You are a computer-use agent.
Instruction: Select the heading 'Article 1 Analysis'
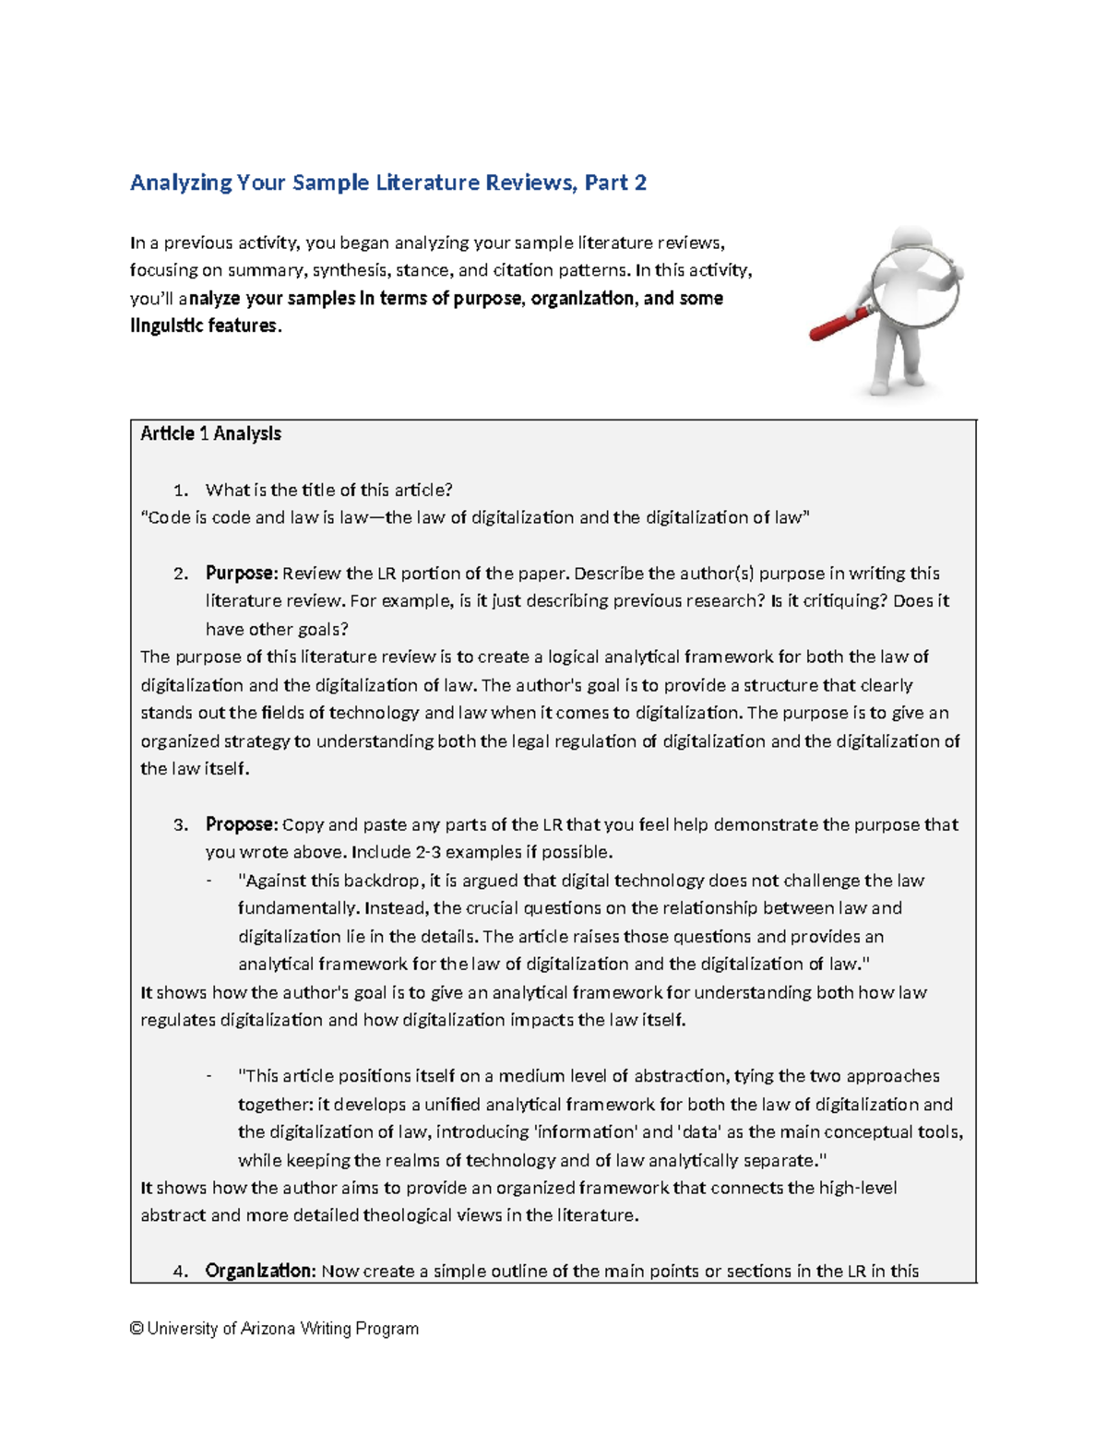210,433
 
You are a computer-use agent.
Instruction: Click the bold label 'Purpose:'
241,573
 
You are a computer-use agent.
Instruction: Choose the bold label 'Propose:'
241,824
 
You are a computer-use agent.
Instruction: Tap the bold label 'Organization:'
261,1271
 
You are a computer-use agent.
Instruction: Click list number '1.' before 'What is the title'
181,490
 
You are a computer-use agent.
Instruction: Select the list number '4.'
181,1271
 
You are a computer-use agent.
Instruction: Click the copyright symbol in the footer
137,1329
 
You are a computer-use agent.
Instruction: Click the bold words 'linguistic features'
203,325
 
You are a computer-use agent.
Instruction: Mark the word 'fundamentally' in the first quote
298,908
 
